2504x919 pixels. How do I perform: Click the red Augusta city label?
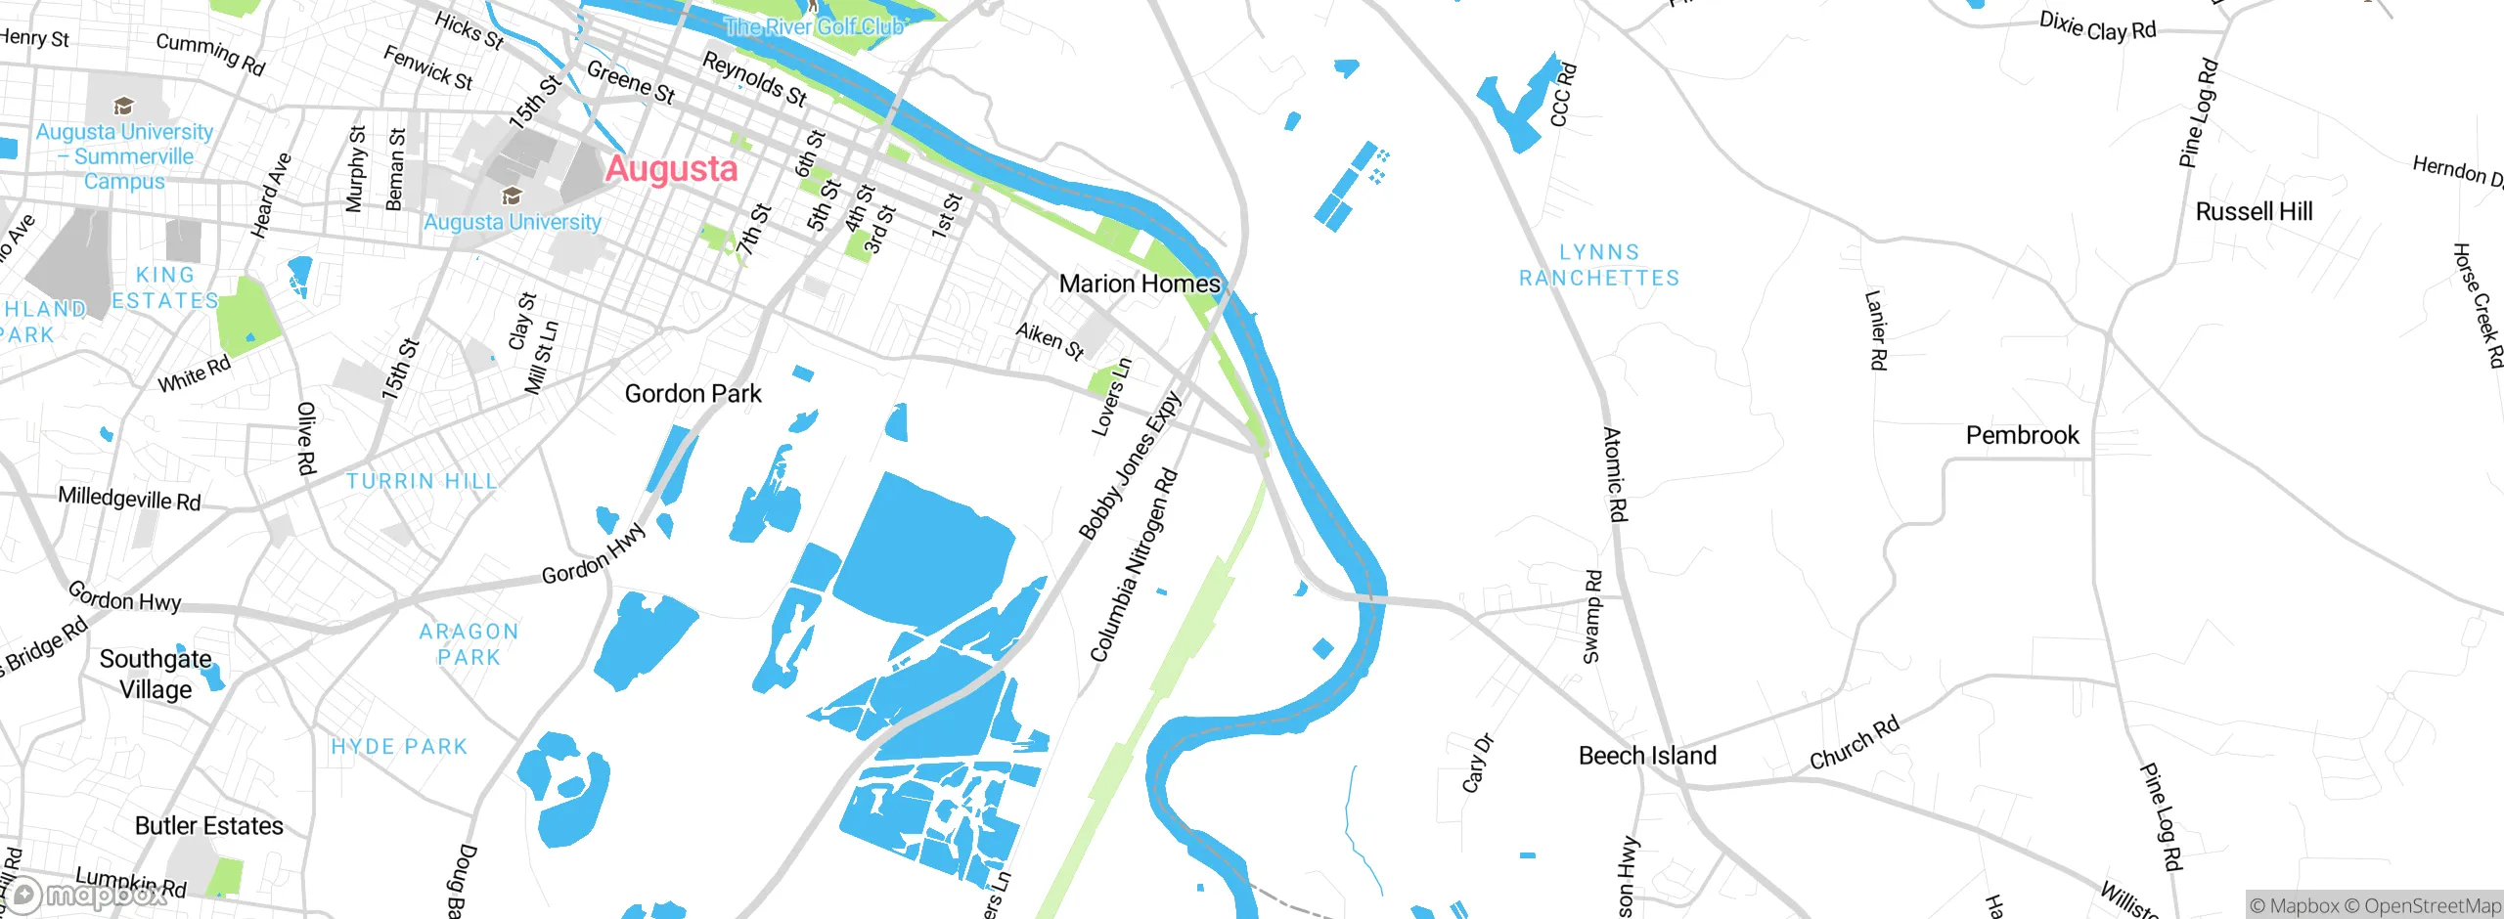671,169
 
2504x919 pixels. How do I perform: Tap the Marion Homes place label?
1140,284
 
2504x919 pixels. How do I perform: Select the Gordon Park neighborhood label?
693,394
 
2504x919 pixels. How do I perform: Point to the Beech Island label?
1647,756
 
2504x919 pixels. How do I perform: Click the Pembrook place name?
2022,435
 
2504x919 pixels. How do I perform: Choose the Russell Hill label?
2254,212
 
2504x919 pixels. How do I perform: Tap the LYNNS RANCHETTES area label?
1599,265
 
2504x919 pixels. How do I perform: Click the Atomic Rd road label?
1614,474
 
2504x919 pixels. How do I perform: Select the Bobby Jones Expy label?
1130,465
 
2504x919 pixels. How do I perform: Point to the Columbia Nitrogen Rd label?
1135,565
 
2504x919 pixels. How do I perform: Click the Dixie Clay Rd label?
2097,26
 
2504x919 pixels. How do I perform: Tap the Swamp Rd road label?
1592,616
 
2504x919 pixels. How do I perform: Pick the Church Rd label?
1854,742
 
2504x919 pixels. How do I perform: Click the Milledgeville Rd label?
129,499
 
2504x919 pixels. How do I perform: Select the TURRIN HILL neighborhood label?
422,481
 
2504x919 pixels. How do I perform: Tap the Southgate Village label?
156,674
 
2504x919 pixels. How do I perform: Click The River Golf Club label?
814,26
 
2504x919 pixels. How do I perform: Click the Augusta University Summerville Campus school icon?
123,106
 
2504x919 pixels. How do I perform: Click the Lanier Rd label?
1875,329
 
